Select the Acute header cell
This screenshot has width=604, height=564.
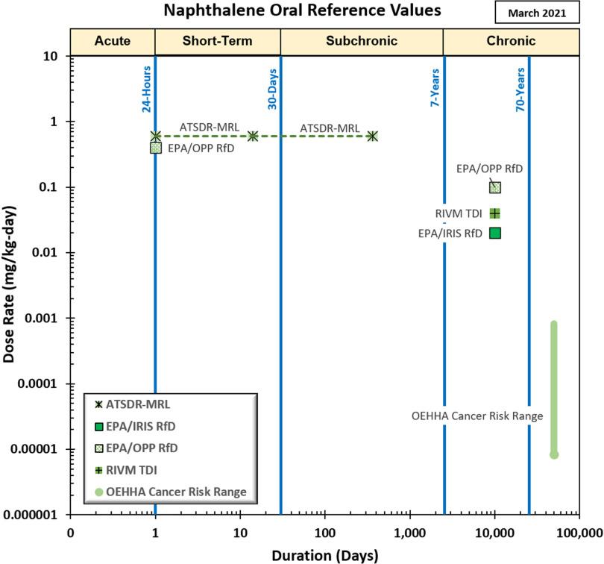click(112, 40)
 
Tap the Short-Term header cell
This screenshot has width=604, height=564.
click(218, 40)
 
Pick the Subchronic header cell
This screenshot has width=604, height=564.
click(362, 40)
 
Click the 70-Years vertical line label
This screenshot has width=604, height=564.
click(521, 90)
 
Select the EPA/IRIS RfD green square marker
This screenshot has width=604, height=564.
click(495, 233)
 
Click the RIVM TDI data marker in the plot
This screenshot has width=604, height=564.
click(495, 213)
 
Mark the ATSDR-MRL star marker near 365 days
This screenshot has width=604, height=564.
click(372, 136)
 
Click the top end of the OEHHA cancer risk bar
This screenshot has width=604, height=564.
click(554, 325)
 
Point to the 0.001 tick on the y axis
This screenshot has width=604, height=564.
click(48, 319)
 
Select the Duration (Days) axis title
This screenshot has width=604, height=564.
click(324, 554)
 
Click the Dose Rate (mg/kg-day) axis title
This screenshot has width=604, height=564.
click(10, 284)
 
